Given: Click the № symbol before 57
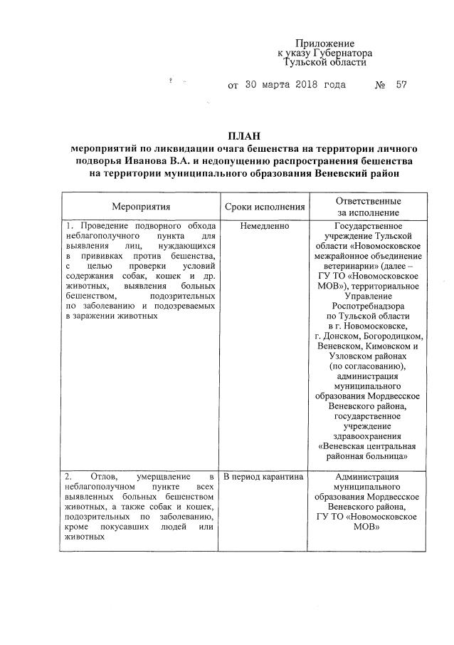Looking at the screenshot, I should (x=379, y=85).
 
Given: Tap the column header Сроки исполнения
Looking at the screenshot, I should (x=265, y=207).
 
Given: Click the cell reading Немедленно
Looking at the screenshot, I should (x=265, y=226).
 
